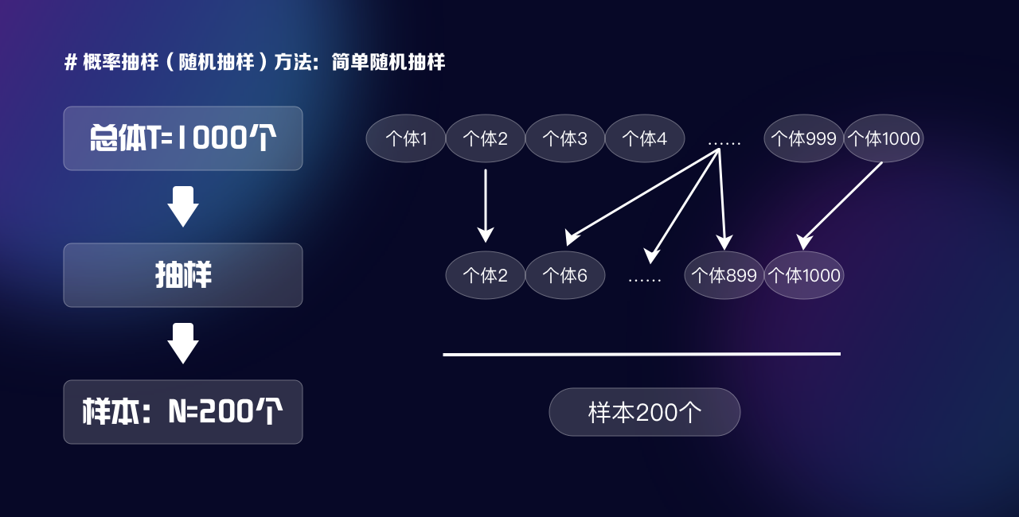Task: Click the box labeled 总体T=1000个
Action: [183, 138]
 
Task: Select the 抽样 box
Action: [183, 275]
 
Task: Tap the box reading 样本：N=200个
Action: [183, 412]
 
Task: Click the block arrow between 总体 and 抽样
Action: [183, 207]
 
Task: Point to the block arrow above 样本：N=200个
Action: [183, 344]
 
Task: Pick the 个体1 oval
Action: [406, 138]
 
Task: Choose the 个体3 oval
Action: [565, 138]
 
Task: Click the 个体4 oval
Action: [645, 138]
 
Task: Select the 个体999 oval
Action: [804, 138]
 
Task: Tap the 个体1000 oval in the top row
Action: [884, 138]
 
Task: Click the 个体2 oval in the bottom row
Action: [486, 275]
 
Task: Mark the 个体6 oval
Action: [565, 275]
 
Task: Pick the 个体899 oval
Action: [724, 275]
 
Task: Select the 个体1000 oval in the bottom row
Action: [804, 275]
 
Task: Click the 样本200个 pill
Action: [645, 412]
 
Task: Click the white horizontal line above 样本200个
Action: [642, 354]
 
